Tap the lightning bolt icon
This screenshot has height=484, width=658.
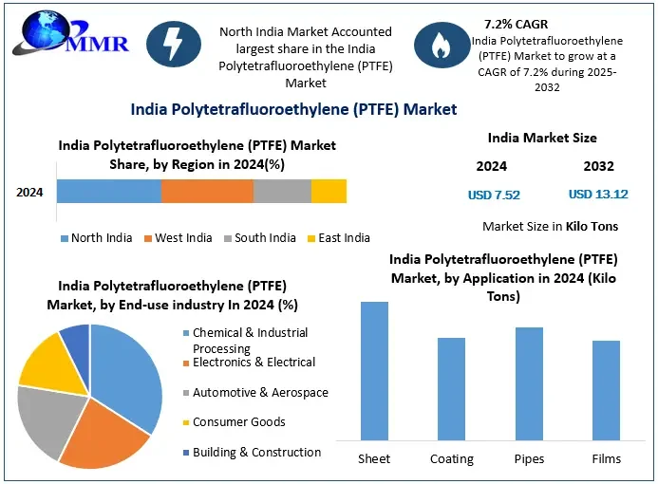(x=175, y=44)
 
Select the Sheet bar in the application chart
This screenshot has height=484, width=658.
(x=374, y=370)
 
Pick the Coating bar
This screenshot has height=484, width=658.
(x=451, y=388)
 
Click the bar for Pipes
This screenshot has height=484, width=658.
(x=529, y=383)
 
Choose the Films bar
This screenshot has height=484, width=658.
(x=606, y=390)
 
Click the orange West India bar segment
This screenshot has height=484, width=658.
(x=207, y=191)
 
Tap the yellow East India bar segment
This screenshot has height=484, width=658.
(x=329, y=191)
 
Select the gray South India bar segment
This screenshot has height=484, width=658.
(x=282, y=191)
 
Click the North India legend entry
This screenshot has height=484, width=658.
(x=95, y=237)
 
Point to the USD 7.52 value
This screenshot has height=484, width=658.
(x=494, y=195)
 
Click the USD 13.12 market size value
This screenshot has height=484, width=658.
(x=598, y=195)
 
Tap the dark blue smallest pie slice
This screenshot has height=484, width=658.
(x=76, y=337)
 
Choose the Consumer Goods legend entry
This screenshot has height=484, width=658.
(x=238, y=422)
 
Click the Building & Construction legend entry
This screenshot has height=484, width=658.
(x=256, y=453)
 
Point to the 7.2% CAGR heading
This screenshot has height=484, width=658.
(x=516, y=24)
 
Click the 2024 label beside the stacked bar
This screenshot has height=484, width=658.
(x=29, y=192)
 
